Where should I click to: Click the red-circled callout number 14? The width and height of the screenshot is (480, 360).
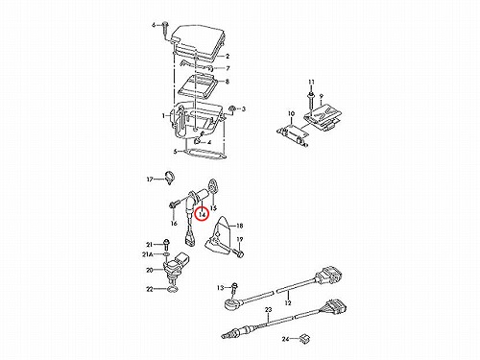(x=202, y=214)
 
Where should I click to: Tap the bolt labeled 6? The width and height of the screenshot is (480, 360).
(x=165, y=31)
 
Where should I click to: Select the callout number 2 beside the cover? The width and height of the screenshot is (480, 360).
(x=228, y=57)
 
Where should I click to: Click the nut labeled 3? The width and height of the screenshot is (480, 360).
(x=232, y=109)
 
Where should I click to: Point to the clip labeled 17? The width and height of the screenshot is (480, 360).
(x=169, y=177)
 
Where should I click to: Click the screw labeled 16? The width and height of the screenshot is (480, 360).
(x=173, y=204)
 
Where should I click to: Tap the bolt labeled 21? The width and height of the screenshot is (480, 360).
(x=166, y=245)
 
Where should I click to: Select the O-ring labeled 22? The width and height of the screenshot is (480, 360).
(x=173, y=290)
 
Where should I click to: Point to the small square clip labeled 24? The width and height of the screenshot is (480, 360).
(x=304, y=338)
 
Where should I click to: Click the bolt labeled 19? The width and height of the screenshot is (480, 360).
(x=239, y=252)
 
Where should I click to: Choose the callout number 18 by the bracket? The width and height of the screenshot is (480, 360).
(x=240, y=226)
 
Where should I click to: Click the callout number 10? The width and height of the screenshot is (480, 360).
(x=291, y=113)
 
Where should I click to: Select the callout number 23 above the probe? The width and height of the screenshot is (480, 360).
(x=268, y=310)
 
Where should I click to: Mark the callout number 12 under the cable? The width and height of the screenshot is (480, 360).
(x=288, y=302)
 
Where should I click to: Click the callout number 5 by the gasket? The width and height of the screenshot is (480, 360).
(x=176, y=152)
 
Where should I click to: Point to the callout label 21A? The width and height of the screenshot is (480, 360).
(x=148, y=254)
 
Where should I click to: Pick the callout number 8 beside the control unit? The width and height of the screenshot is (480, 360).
(x=228, y=82)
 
